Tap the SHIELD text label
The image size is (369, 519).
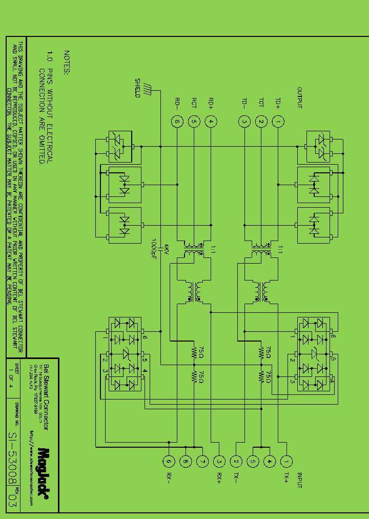(x=137, y=88)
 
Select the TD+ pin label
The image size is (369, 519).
(x=278, y=103)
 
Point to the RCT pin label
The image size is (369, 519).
(x=194, y=103)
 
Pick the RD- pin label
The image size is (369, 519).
(x=177, y=103)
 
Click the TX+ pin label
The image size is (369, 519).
(x=286, y=479)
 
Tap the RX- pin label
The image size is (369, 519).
(x=168, y=479)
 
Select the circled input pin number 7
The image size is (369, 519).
(x=202, y=462)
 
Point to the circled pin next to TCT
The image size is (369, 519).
(x=261, y=122)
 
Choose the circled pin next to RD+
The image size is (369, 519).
(x=211, y=122)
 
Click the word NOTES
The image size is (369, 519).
(x=66, y=63)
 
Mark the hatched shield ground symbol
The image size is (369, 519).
(x=147, y=88)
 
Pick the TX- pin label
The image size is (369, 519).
(x=236, y=479)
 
